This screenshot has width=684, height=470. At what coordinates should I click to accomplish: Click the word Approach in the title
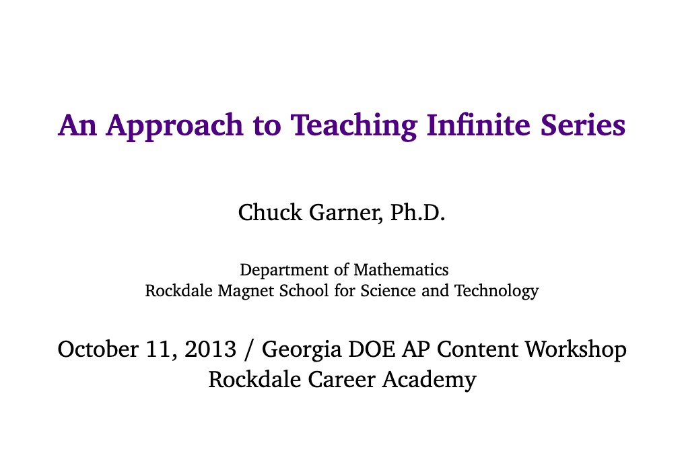coord(174,127)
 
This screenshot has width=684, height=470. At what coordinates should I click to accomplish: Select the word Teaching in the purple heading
coord(353,127)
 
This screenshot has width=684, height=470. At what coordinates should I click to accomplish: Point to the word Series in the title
coord(583,125)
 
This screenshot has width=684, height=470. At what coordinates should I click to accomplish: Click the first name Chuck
coord(270,213)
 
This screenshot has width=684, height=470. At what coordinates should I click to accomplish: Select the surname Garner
coord(346,213)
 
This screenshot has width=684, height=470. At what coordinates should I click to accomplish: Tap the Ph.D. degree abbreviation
coord(417,213)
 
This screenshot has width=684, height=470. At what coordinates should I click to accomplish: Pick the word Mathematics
coord(401,270)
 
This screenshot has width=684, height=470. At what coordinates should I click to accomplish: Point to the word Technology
coord(496,292)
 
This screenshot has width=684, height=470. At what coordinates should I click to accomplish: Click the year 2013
coord(210,349)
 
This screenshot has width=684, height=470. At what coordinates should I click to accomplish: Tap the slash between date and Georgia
coord(249,350)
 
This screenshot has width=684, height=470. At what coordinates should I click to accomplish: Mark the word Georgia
coord(302,350)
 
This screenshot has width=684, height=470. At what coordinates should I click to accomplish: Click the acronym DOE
coord(372,349)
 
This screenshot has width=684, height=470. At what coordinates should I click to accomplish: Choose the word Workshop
coord(576,350)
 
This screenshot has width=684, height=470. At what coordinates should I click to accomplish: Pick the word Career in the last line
coord(341,380)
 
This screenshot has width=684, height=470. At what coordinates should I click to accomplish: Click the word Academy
coord(430,380)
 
